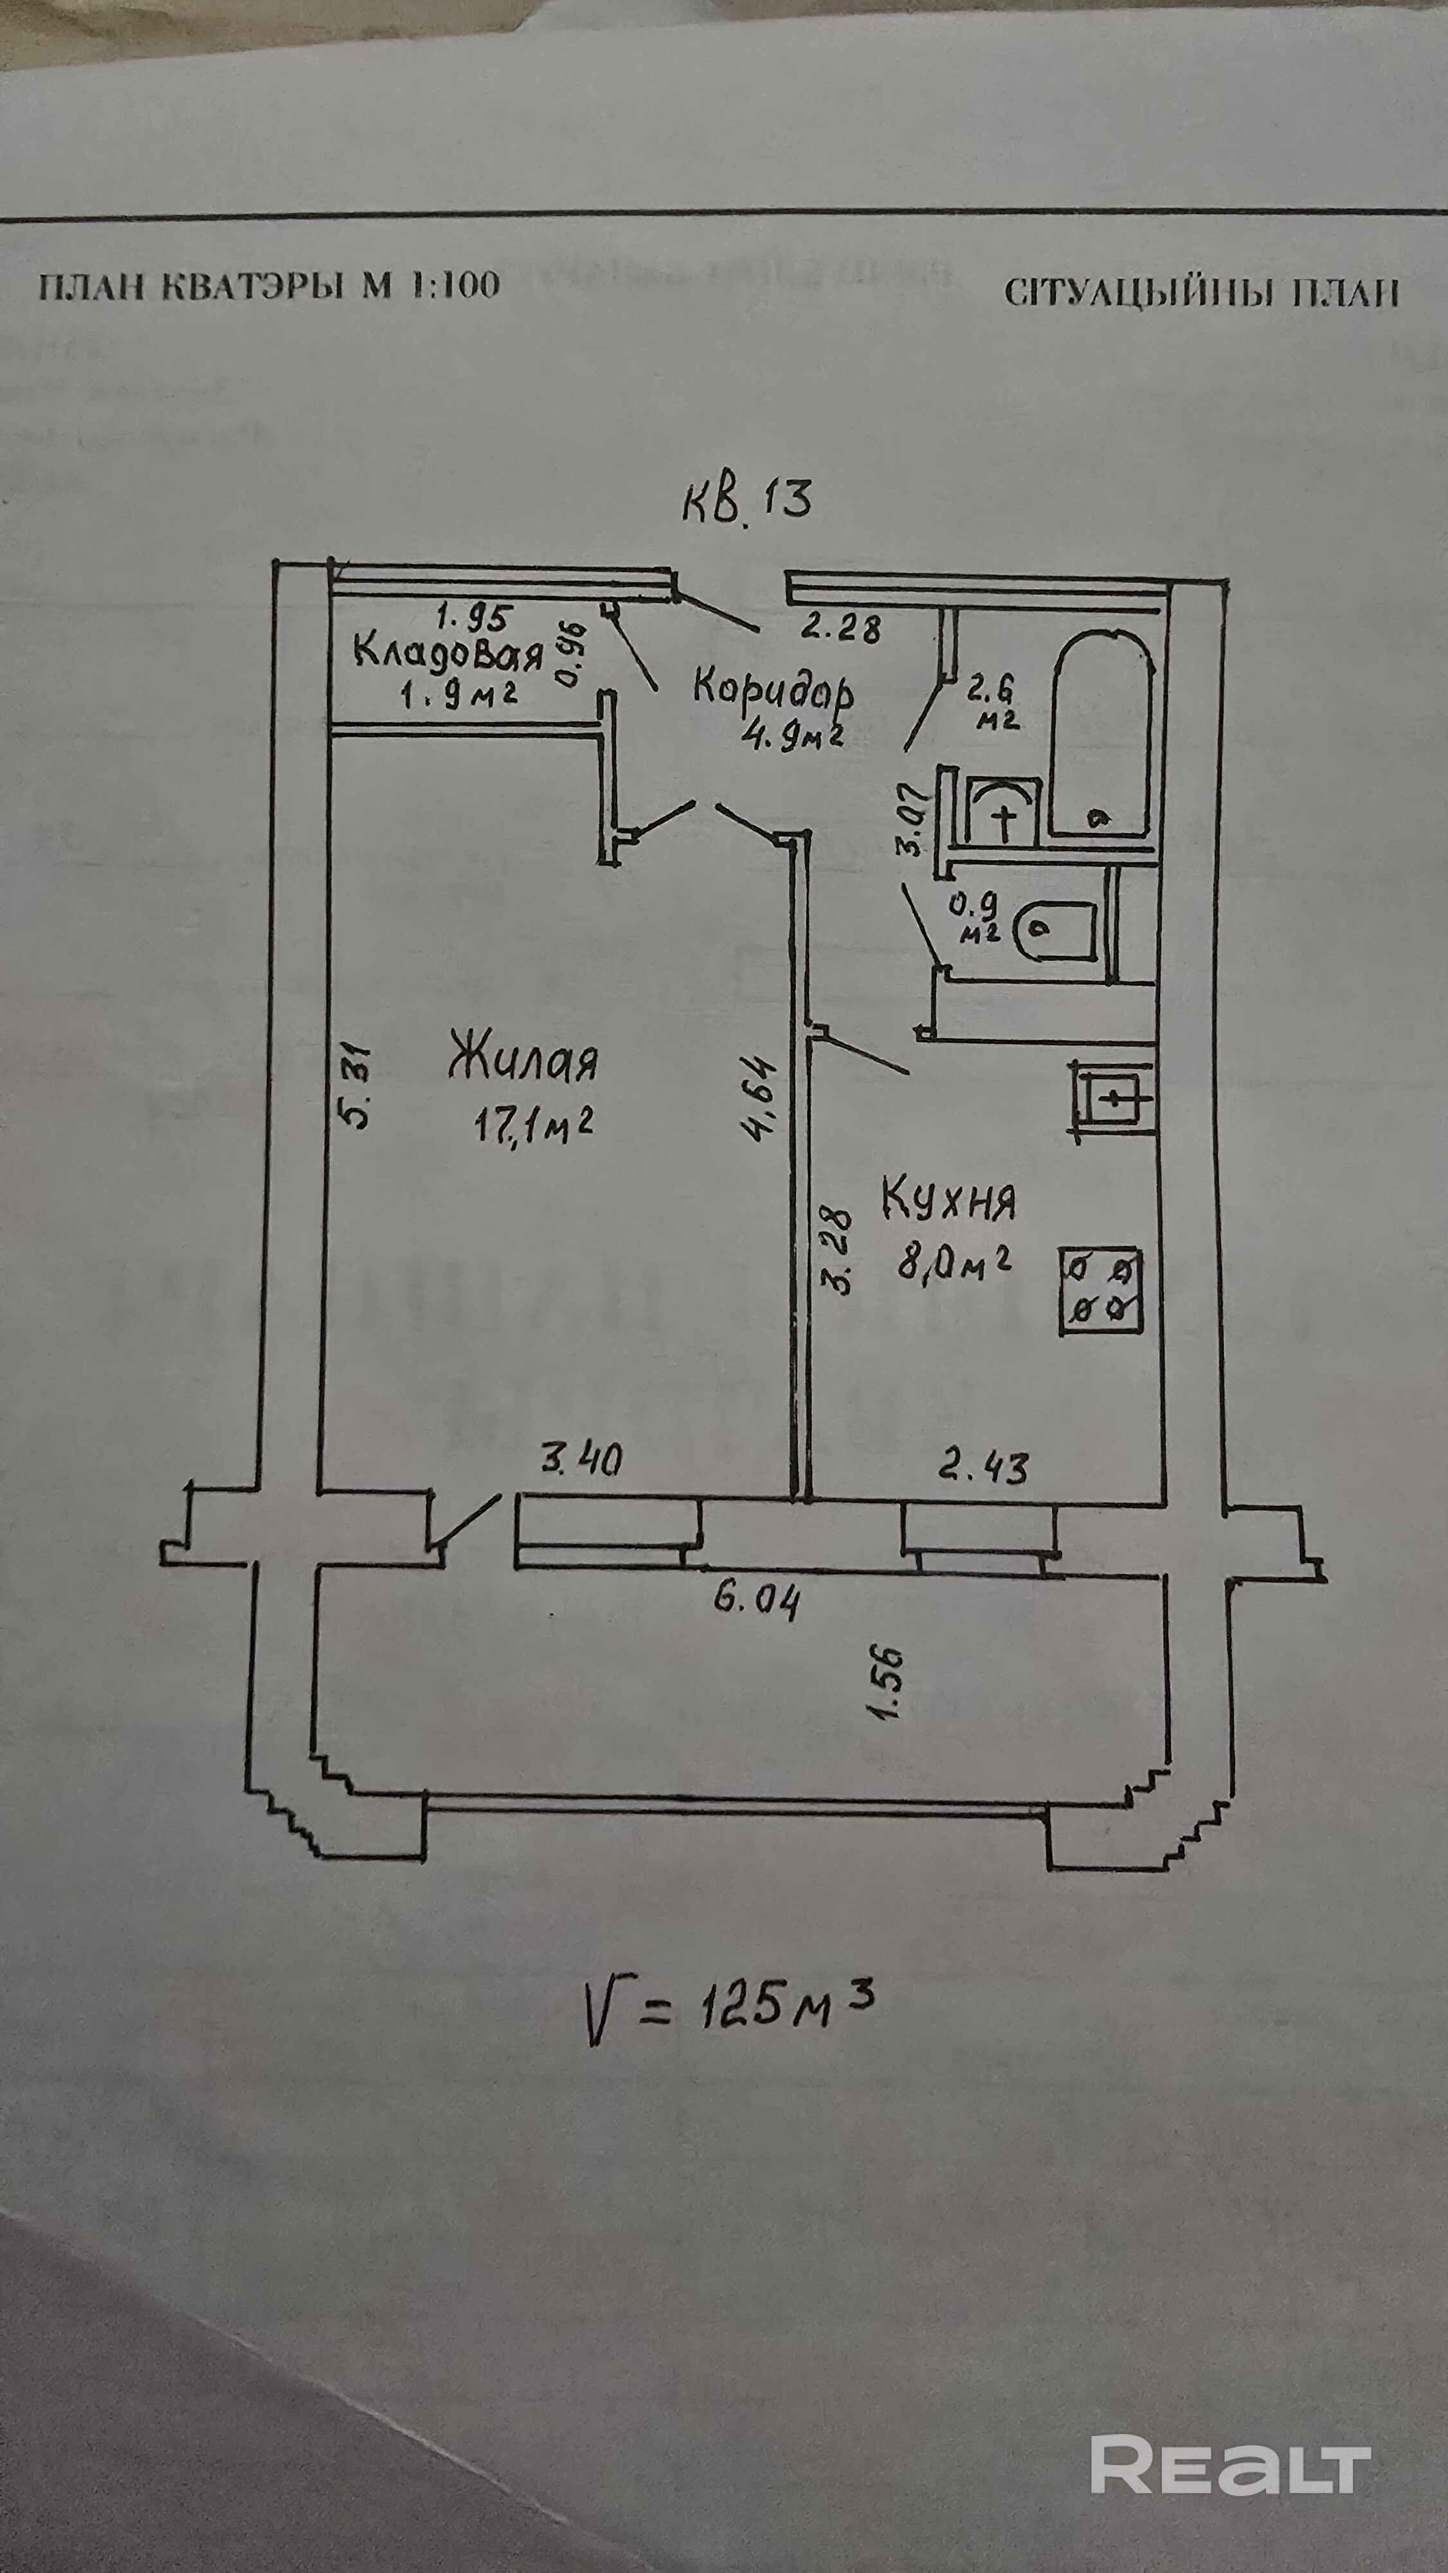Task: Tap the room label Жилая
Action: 523,1060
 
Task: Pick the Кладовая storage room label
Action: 448,654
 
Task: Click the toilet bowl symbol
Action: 1054,929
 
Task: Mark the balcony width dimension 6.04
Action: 756,1602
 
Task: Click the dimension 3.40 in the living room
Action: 581,1460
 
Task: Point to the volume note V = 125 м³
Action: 729,2006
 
